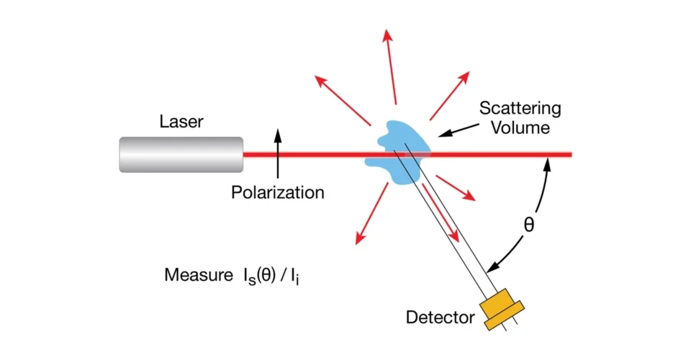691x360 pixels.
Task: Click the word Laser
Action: pyautogui.click(x=181, y=122)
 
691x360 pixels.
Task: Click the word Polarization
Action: pyautogui.click(x=278, y=192)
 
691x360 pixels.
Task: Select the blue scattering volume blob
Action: pyautogui.click(x=399, y=140)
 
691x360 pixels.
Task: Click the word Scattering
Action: pyautogui.click(x=520, y=109)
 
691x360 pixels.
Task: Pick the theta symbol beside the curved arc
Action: pyautogui.click(x=529, y=225)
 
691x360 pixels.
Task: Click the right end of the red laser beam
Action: pyautogui.click(x=569, y=154)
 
